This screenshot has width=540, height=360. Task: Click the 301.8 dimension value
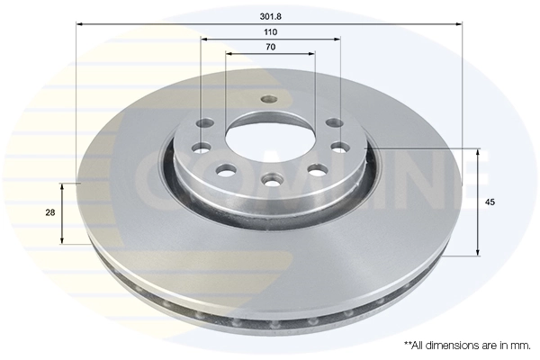pos(269,16)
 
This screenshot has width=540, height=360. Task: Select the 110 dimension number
pos(269,31)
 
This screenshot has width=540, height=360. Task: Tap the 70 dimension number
pos(269,46)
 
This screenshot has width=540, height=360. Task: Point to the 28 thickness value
pos(50,212)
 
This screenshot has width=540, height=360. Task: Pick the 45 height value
pos(490,202)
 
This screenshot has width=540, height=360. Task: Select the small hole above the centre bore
pos(265,100)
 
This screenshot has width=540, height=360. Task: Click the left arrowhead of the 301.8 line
pos(78,25)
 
